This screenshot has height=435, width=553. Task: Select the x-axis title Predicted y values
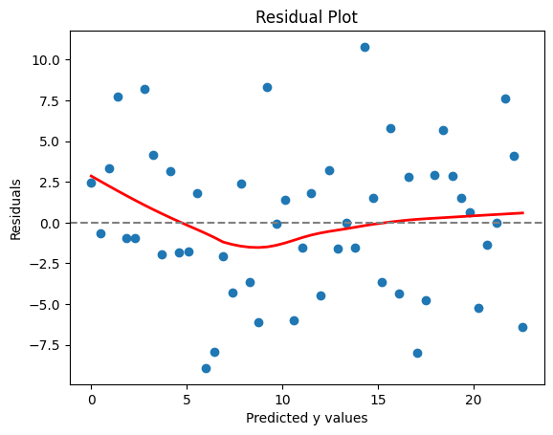coord(306,418)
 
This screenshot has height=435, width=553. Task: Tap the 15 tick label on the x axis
coord(378,400)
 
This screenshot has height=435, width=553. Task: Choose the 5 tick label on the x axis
coord(187,400)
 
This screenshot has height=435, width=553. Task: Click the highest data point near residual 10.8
coord(365,47)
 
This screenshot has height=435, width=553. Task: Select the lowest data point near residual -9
coord(206,368)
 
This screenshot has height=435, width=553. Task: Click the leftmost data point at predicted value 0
coord(91,183)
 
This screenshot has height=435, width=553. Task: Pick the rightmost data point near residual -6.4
coord(522,327)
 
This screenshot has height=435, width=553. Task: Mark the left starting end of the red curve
coord(91,176)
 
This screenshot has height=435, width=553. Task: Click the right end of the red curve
coord(523,212)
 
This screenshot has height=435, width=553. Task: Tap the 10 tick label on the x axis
coord(282,400)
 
